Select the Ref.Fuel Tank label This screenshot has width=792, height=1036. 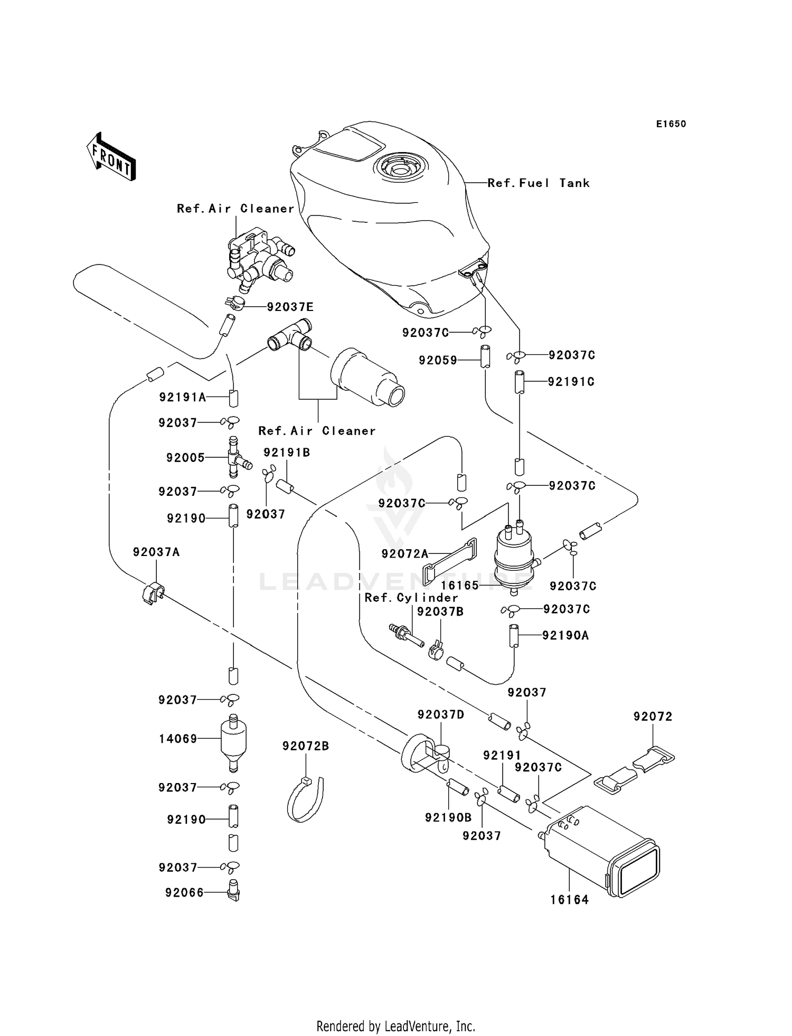[x=538, y=183]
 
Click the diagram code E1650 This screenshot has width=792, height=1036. [x=671, y=124]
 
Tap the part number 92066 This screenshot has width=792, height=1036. [x=184, y=892]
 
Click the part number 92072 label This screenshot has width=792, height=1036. [x=653, y=717]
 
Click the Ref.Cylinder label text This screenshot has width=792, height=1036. [x=411, y=598]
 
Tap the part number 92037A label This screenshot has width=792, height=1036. [x=156, y=552]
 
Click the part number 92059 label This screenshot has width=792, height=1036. [x=438, y=361]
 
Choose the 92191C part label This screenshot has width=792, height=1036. [x=571, y=382]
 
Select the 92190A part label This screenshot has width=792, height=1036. [x=565, y=635]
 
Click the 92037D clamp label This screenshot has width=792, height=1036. [x=441, y=714]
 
